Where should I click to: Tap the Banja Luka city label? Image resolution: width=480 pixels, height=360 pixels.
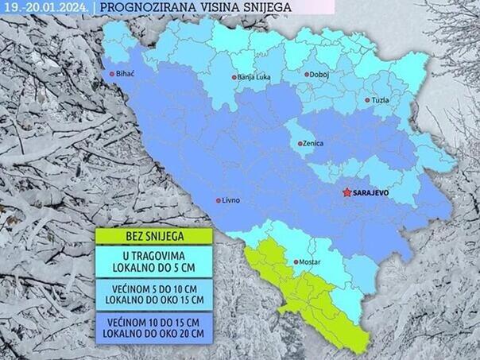coord(257,77)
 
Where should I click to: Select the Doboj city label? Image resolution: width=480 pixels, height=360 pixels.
coord(320,75)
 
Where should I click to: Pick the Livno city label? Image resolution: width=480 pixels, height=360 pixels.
coord(232,200)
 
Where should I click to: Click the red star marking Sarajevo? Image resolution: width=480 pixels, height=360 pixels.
coord(346,192)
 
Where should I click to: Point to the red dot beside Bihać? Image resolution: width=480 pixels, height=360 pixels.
coord(112,75)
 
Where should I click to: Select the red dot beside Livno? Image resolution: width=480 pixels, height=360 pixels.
coord(219,200)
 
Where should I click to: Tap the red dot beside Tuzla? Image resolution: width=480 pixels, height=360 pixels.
coord(367,100)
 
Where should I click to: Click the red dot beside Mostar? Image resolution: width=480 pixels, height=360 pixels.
coord(296,261)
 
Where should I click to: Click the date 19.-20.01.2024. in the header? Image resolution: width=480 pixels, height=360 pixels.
coord(43,7)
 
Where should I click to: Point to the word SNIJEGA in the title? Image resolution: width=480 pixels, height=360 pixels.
coord(262,7)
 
